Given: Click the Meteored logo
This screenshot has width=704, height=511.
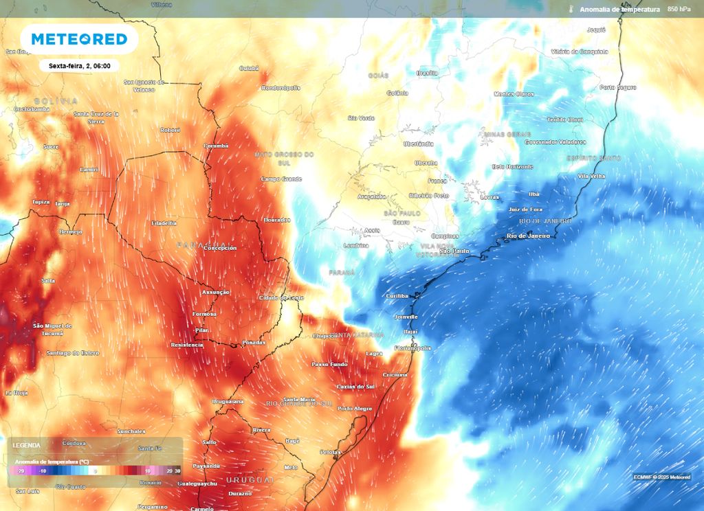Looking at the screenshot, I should click(79, 39).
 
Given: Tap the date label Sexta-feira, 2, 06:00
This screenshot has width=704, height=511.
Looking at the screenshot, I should click(80, 66).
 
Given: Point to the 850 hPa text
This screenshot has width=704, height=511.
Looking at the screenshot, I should click(681, 9).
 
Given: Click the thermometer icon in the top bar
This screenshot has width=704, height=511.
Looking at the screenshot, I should click(571, 10).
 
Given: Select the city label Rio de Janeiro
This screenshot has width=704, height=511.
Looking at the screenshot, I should click(528, 236).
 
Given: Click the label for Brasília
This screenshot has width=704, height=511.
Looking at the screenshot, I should click(427, 73).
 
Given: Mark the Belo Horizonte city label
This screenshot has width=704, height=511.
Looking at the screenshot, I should click(512, 167).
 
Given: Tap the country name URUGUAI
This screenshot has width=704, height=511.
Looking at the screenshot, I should click(250, 479).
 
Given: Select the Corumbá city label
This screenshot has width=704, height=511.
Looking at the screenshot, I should click(216, 146).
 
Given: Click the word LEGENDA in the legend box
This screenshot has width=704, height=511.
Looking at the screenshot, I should click(27, 446).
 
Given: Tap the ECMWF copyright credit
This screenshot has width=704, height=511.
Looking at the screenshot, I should click(662, 477).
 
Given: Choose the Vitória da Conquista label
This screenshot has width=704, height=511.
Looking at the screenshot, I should click(579, 52).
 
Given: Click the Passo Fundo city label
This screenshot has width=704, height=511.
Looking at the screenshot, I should click(329, 364).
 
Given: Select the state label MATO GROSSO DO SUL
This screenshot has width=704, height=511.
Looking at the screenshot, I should click(284, 158).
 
